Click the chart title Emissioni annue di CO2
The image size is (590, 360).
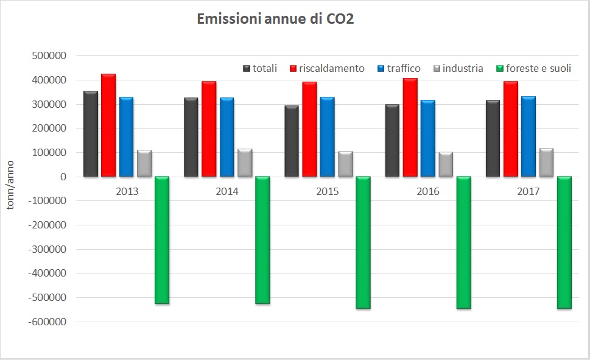(x=275, y=19)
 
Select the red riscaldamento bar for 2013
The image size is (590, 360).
(x=108, y=125)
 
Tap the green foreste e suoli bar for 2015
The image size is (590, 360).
(x=363, y=242)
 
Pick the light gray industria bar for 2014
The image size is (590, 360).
(x=245, y=163)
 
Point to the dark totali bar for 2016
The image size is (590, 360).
(x=392, y=141)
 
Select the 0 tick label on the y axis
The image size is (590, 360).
(x=63, y=177)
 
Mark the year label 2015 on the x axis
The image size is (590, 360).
(x=328, y=191)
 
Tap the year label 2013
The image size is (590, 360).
(x=127, y=191)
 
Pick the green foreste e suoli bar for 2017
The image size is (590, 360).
(x=564, y=242)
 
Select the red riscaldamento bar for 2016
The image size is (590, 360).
(x=410, y=127)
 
